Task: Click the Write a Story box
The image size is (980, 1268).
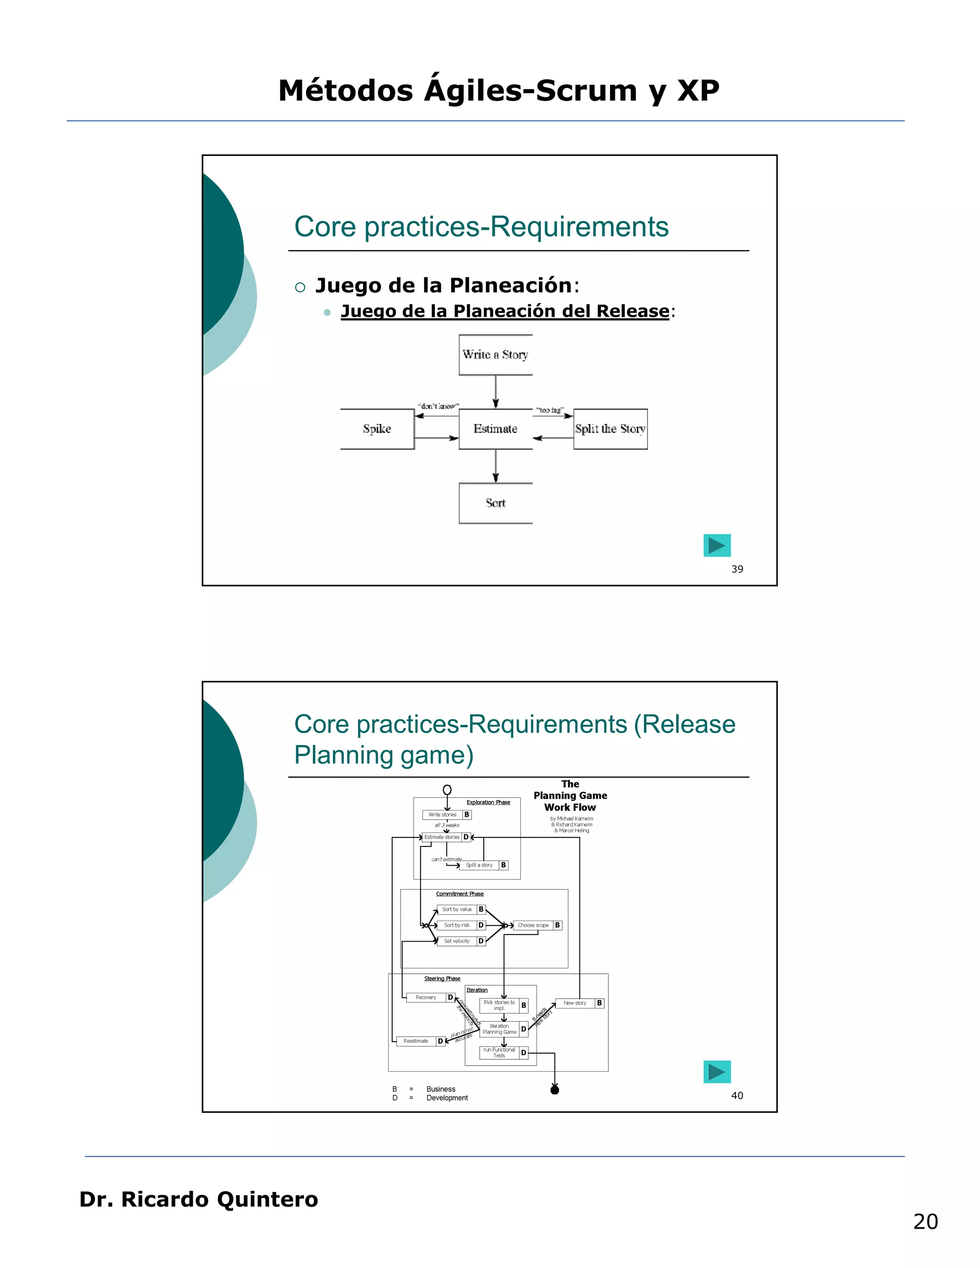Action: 495,355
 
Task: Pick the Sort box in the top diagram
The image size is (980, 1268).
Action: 495,503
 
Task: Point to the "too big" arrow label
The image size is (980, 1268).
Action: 549,410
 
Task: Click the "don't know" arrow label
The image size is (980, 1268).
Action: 438,406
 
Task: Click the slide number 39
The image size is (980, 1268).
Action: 737,569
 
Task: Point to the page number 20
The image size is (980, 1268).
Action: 925,1222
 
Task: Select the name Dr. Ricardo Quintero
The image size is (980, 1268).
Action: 199,1199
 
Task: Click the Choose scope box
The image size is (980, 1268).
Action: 533,925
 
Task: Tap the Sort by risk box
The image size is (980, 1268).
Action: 457,925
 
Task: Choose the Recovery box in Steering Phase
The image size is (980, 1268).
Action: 426,998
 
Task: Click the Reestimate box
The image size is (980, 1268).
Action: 416,1041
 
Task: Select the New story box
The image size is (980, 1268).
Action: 575,1002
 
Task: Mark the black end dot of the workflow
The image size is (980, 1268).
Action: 555,1090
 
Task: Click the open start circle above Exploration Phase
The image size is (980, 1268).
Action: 447,790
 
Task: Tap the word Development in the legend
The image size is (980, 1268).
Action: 447,1098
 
